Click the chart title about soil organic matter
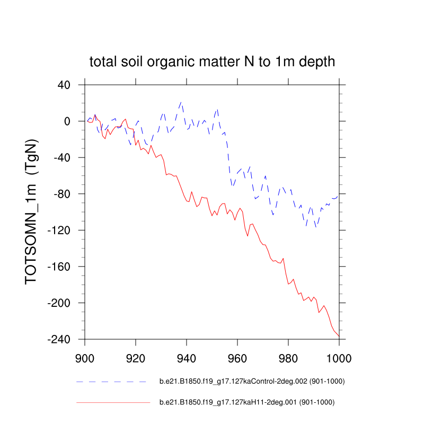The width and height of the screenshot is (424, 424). (212, 61)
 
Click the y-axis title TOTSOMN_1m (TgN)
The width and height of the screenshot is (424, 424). (32, 212)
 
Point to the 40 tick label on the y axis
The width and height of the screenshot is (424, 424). (64, 85)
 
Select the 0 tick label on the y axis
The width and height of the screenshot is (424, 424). (67, 121)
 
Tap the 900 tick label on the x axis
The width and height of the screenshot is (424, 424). (85, 357)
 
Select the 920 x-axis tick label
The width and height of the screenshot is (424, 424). (136, 357)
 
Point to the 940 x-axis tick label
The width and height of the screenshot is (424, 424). (187, 357)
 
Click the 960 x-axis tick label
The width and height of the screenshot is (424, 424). (237, 357)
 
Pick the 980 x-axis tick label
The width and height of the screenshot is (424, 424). (288, 357)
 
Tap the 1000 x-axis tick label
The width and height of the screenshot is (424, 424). (339, 357)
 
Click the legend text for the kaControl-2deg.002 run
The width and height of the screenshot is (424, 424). (248, 382)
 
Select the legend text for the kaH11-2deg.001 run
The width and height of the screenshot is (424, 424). (247, 403)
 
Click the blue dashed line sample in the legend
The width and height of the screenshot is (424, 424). (111, 382)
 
